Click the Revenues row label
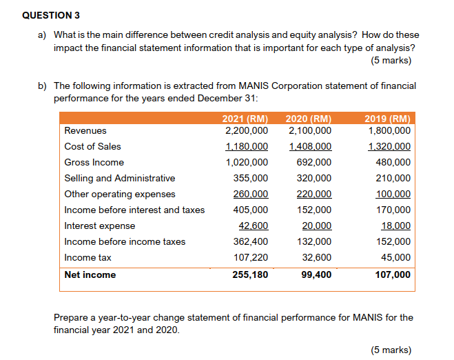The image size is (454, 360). tap(85, 130)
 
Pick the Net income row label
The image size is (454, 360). tap(90, 274)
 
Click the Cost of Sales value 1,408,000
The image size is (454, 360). tap(310, 146)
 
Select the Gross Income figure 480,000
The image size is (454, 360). tap(395, 162)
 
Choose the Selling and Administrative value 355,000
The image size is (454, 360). tap(251, 178)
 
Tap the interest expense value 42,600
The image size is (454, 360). tap(254, 226)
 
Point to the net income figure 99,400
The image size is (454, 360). tap(317, 274)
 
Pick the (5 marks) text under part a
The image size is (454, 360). tap(391, 61)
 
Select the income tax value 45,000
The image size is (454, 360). tap(398, 257)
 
